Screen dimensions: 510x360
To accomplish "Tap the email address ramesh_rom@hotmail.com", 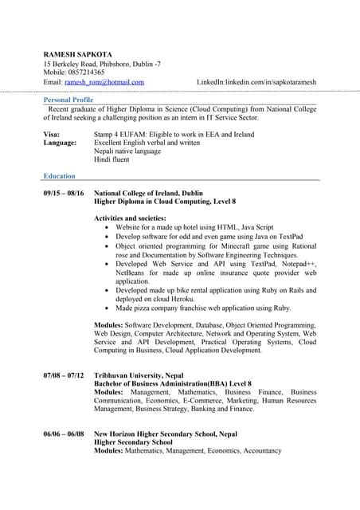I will point(104,82).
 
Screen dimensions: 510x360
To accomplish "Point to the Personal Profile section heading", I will point(68,100).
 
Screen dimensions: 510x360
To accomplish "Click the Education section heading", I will point(60,176).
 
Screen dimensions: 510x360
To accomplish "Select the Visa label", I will point(52,135).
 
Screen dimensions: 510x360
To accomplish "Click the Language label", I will point(60,143).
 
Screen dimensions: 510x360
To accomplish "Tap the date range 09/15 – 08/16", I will point(63,194).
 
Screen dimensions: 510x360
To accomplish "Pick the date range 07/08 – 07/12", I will point(63,375).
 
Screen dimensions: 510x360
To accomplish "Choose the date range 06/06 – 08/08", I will point(63,433).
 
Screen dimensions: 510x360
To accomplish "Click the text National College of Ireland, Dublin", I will point(148,194).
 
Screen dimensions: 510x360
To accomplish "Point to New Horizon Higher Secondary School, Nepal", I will point(166,433).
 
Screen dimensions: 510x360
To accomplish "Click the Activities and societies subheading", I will point(130,218).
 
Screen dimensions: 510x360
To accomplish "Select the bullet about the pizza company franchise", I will point(203,308).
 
